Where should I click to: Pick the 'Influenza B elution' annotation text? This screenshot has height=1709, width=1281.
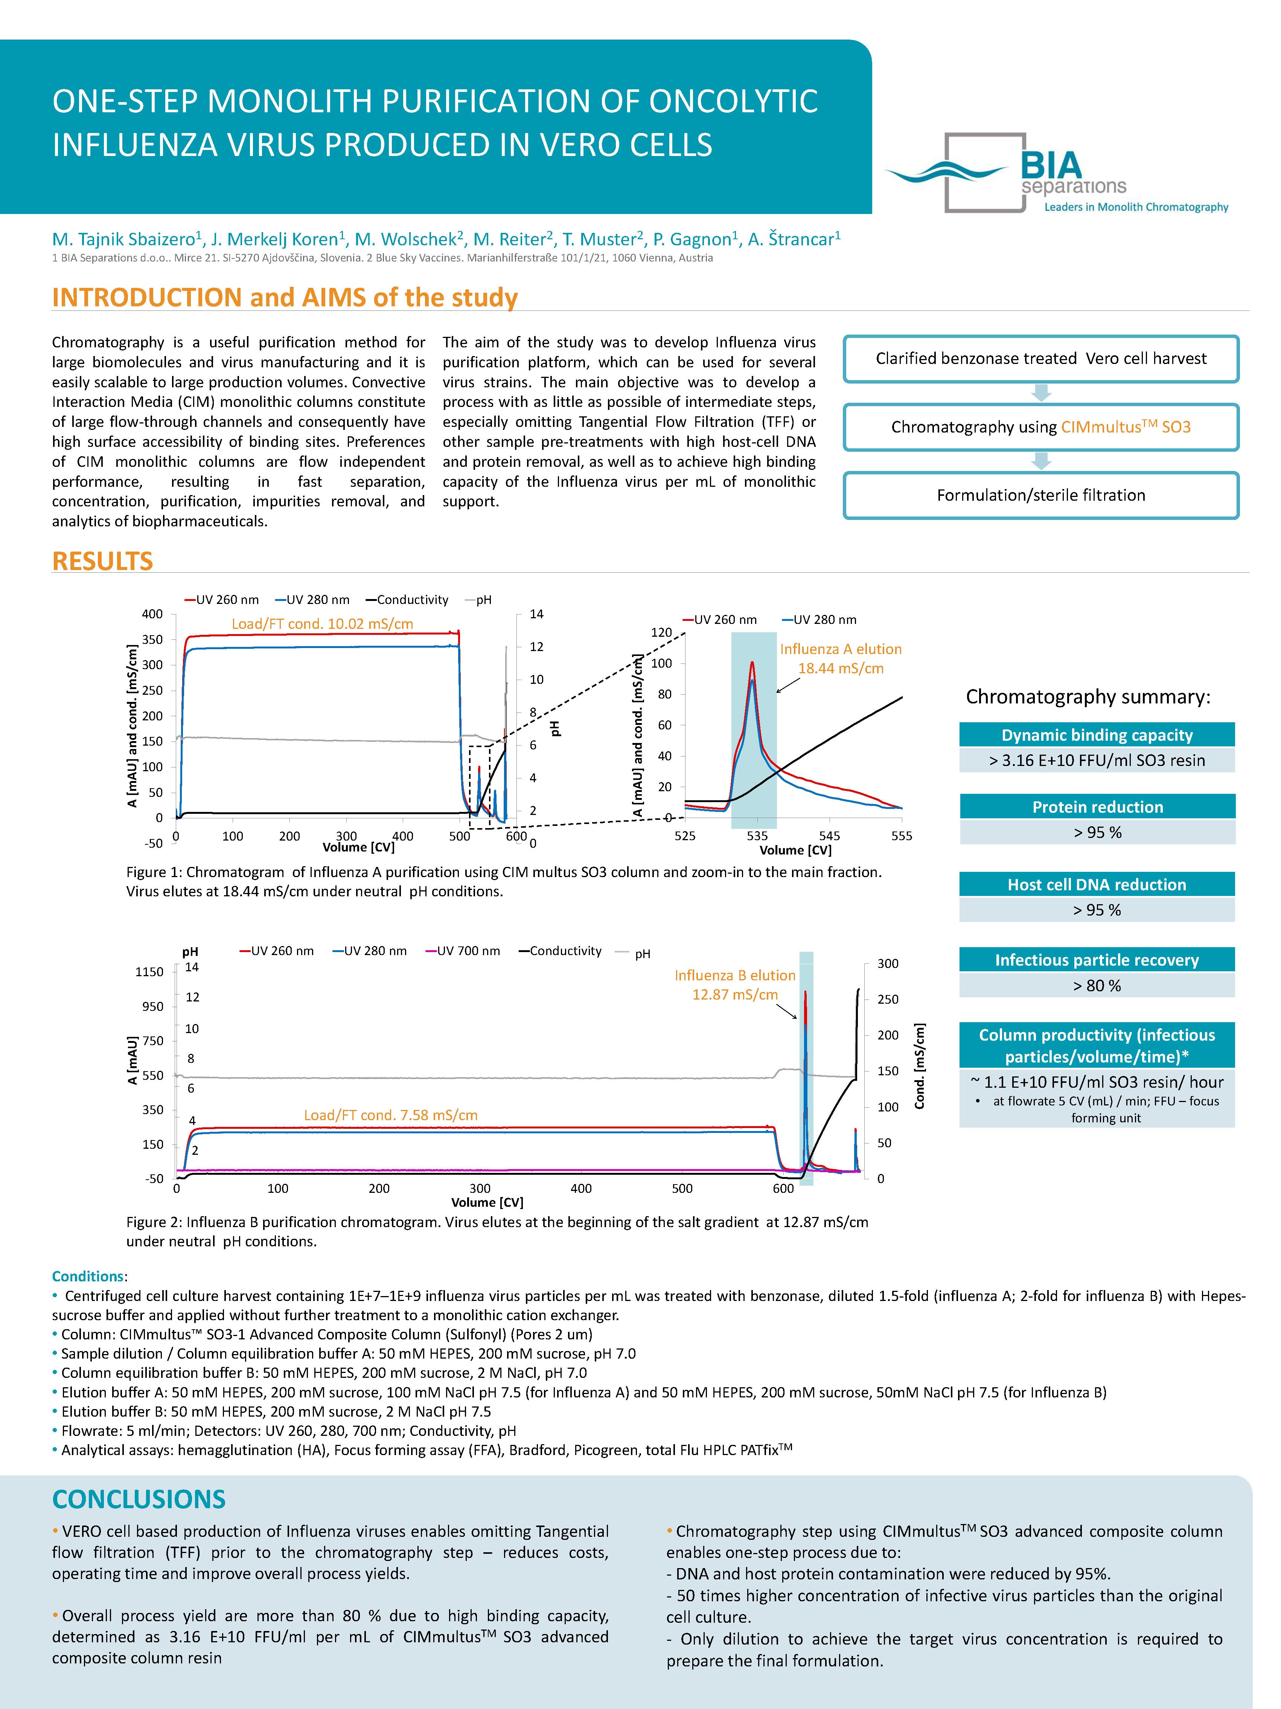pos(734,976)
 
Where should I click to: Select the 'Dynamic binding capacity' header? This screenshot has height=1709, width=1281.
pos(1097,735)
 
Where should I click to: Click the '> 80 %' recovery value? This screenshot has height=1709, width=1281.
pos(1097,986)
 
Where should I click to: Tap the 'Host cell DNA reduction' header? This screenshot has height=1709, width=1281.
pos(1097,885)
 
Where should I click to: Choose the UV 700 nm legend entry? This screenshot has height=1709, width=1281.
pos(463,951)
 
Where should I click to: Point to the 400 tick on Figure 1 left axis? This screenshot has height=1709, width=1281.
pos(152,614)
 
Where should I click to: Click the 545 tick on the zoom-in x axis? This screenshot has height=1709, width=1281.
pos(829,836)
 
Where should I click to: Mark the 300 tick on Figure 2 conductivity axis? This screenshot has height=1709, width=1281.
pos(887,963)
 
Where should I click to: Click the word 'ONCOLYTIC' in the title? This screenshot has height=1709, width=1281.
pos(732,101)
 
